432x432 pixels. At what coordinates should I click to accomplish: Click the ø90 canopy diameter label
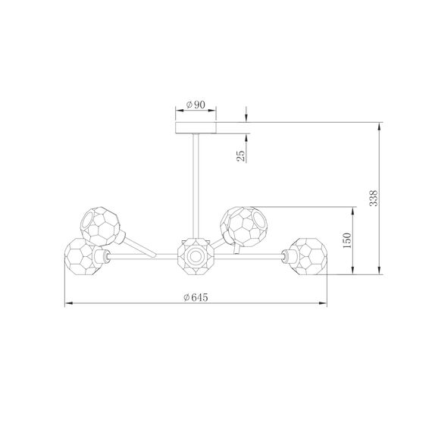point(196,105)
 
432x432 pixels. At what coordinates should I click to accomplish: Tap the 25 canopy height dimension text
point(240,157)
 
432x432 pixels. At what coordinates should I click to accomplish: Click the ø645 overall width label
point(196,298)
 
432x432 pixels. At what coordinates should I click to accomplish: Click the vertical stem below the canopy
point(196,182)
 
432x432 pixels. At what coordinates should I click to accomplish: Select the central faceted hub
point(196,258)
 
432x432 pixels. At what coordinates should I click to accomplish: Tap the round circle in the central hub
point(196,258)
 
